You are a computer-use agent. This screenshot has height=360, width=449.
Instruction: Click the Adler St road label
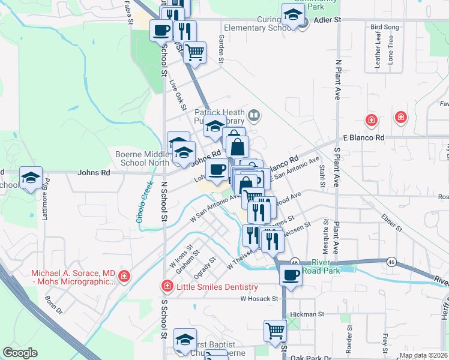[x=328, y=20]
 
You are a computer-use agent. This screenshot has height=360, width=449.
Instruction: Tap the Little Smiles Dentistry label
[x=217, y=287]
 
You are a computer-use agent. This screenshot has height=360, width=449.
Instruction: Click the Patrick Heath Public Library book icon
[x=254, y=115]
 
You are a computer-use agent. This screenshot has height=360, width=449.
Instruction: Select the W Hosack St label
[x=259, y=298]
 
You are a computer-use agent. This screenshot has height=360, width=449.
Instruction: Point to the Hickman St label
[x=307, y=313]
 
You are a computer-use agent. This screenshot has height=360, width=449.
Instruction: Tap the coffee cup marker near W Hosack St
[x=291, y=276]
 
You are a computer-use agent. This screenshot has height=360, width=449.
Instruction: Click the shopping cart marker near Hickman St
[x=275, y=330]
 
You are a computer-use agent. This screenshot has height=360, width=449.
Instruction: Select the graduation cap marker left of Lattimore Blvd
[x=31, y=178]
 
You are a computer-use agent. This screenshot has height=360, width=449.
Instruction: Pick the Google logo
[x=20, y=353]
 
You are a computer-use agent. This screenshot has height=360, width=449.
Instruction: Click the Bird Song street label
[x=384, y=28]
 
